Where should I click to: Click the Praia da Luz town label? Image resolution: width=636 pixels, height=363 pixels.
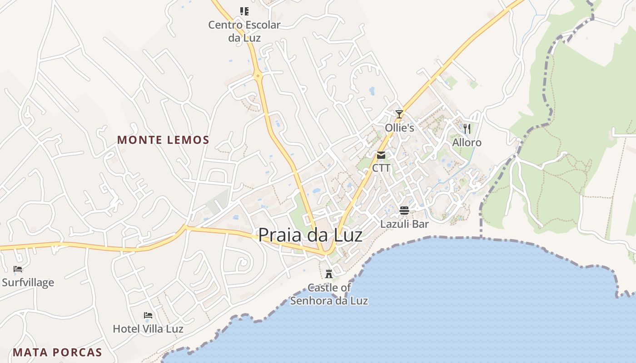310,235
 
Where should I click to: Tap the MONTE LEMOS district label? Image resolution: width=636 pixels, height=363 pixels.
164,140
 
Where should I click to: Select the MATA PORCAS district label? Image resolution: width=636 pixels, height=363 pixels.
57,352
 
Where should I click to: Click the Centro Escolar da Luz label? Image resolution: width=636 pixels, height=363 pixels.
244,31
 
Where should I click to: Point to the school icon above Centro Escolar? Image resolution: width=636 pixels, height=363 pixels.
244,11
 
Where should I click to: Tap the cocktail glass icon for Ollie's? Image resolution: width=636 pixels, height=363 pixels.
399,114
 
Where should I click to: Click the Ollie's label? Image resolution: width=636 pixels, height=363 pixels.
399,128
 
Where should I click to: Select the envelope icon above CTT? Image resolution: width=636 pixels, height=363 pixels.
381,156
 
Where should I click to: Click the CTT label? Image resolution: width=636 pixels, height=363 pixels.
381,168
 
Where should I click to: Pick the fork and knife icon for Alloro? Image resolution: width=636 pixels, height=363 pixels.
467,129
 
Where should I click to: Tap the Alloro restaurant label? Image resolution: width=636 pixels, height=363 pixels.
467,142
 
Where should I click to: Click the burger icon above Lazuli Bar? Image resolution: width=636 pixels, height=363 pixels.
404,210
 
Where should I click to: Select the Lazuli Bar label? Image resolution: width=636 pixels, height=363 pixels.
404,224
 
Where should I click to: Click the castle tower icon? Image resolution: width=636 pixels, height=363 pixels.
329,274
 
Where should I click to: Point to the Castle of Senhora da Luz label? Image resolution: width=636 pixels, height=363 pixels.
329,294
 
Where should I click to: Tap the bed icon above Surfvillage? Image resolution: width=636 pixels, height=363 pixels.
18,269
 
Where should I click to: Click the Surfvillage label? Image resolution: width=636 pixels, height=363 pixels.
28,282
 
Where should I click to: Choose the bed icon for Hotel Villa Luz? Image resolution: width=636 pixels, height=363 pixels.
148,315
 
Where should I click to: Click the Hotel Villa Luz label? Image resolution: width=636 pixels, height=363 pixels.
148,329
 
